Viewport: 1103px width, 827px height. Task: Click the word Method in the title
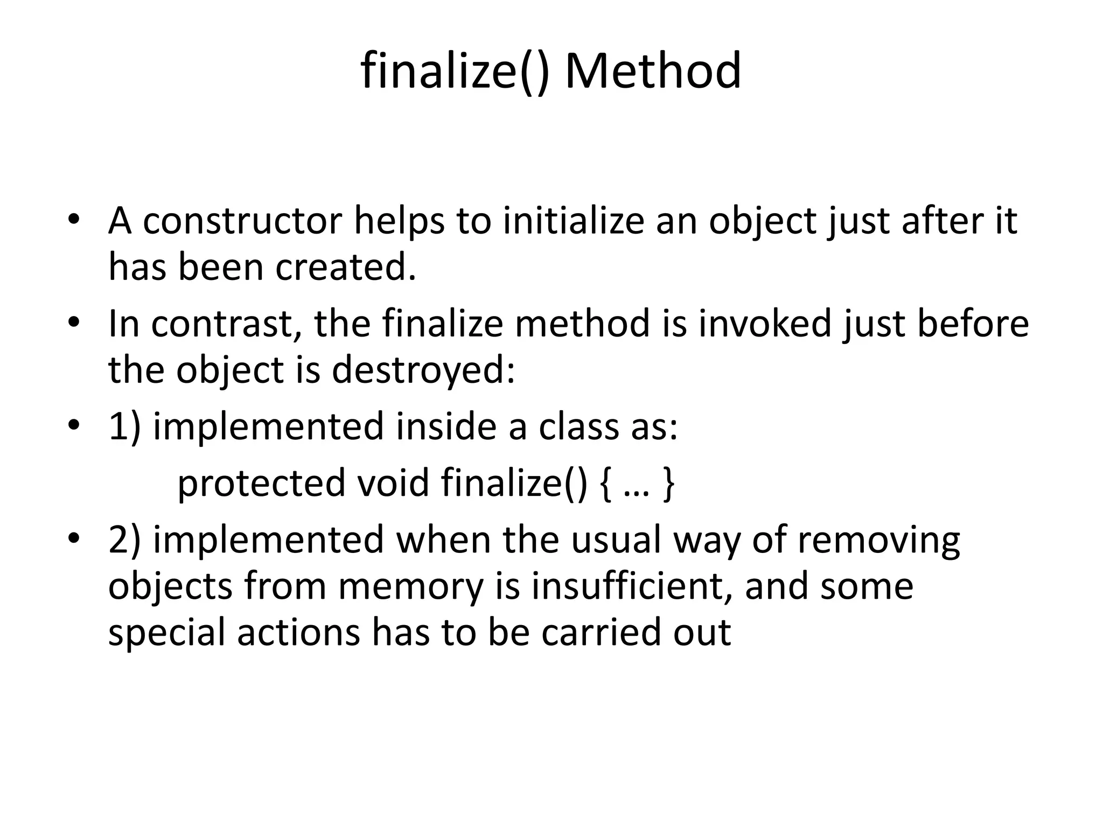pyautogui.click(x=653, y=71)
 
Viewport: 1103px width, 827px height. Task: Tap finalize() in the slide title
pyautogui.click(x=455, y=71)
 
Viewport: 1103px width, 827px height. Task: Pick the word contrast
pyautogui.click(x=226, y=324)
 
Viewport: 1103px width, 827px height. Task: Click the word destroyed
pyautogui.click(x=423, y=370)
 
